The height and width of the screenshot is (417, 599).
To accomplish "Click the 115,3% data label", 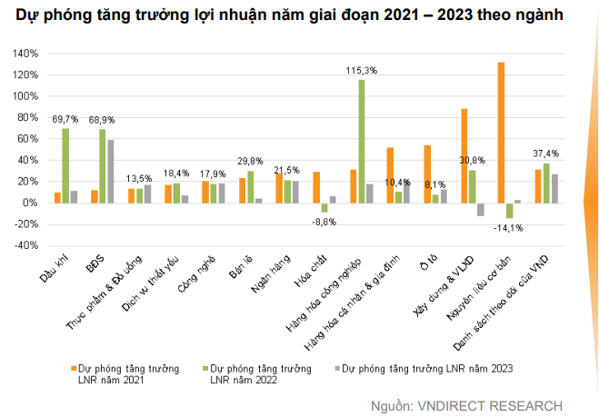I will click(362, 70).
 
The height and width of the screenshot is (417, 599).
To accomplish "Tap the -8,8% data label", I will click(324, 221).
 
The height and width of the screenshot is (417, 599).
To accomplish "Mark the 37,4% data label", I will click(546, 153).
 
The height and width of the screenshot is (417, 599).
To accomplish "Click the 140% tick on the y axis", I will click(25, 54).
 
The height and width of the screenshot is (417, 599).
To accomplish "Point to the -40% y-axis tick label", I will click(25, 245).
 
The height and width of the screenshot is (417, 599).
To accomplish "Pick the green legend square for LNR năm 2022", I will click(205, 368).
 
